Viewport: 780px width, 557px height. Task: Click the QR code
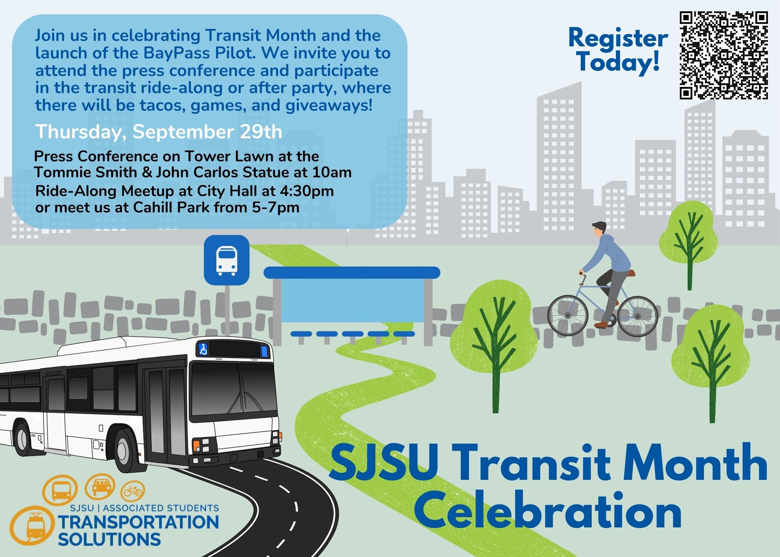pos(724,55)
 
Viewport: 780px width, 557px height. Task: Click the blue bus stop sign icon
pos(227,260)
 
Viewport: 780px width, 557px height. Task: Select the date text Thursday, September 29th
pos(159,132)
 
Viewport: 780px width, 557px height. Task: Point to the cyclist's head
pos(599,231)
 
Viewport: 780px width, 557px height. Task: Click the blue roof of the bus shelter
pos(352,273)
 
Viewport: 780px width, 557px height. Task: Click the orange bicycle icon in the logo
pos(133,491)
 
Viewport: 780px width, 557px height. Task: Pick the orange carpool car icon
pos(100,486)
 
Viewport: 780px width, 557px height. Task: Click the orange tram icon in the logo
pos(32,526)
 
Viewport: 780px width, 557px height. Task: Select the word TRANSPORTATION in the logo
pos(138,522)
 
